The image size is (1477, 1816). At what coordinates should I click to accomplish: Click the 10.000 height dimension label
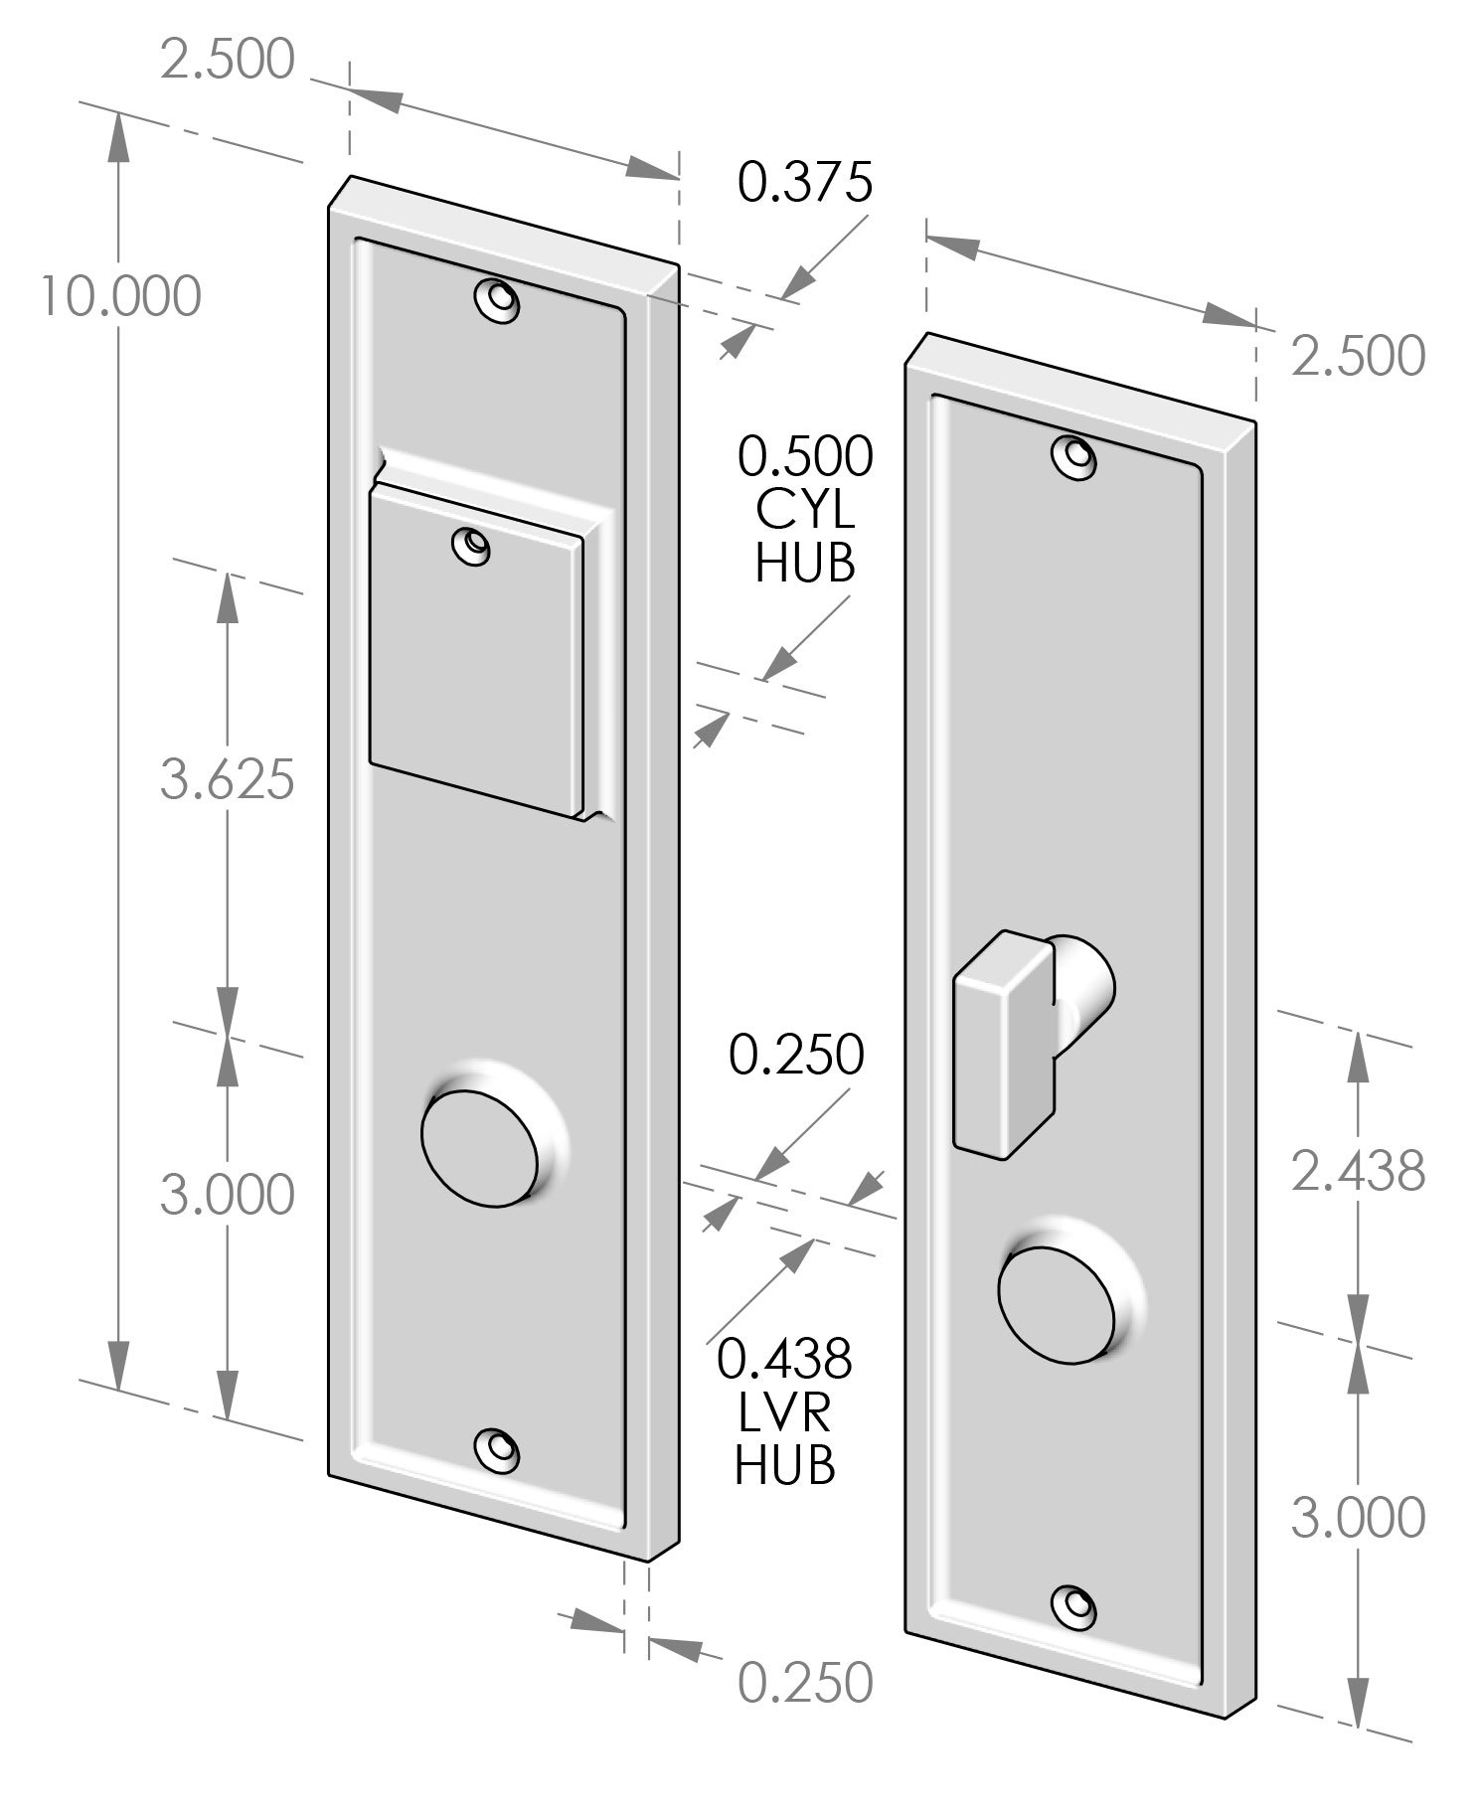[x=120, y=296]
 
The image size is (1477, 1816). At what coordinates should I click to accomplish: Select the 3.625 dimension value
[x=228, y=779]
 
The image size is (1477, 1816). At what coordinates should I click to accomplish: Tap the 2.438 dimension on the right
[x=1358, y=1171]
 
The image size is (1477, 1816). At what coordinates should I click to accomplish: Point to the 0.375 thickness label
[x=805, y=182]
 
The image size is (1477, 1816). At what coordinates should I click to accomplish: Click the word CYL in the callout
[x=805, y=511]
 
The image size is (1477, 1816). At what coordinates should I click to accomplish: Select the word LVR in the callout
[x=785, y=1411]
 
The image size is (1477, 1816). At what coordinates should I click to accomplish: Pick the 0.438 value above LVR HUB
[x=785, y=1358]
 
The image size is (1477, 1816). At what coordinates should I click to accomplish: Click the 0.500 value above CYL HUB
[x=805, y=457]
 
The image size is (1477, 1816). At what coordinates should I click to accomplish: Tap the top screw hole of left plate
[x=496, y=300]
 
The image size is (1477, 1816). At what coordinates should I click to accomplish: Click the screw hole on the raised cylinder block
[x=470, y=546]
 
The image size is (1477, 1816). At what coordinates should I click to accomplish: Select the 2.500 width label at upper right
[x=1358, y=357]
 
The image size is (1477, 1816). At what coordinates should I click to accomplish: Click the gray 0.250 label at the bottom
[x=805, y=1682]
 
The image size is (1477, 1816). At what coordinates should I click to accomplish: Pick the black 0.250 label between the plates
[x=797, y=1055]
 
